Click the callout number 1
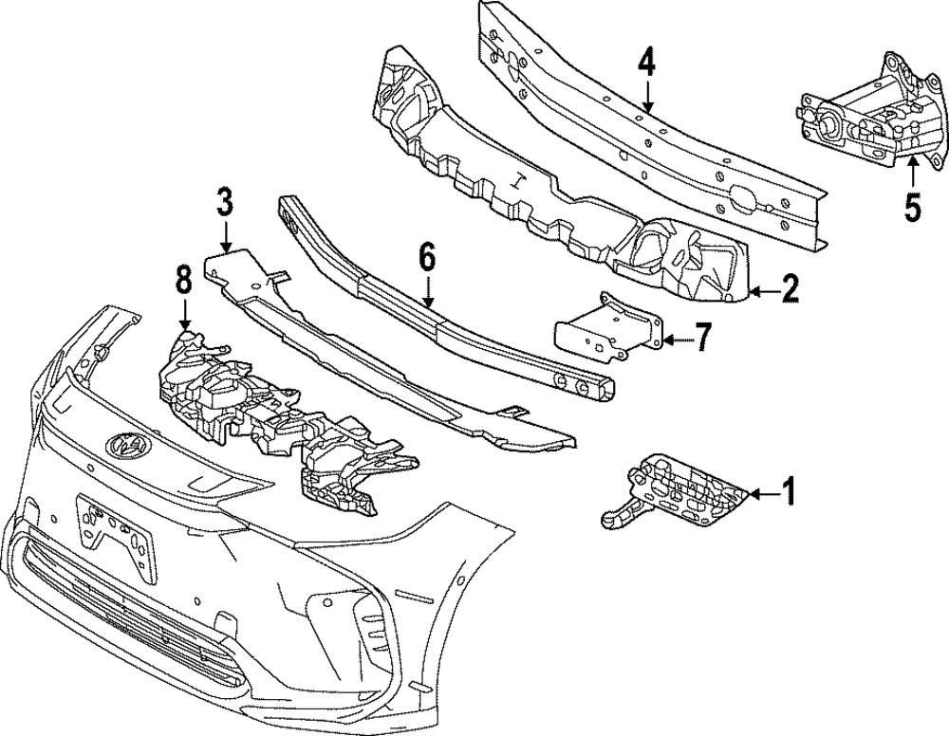point(787,491)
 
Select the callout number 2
point(789,288)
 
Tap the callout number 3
point(224,202)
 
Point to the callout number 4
point(646,64)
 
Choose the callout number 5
point(912,207)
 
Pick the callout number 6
point(426,256)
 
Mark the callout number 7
point(701,338)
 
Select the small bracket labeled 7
point(607,328)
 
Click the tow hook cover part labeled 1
point(679,491)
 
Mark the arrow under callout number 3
point(224,237)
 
